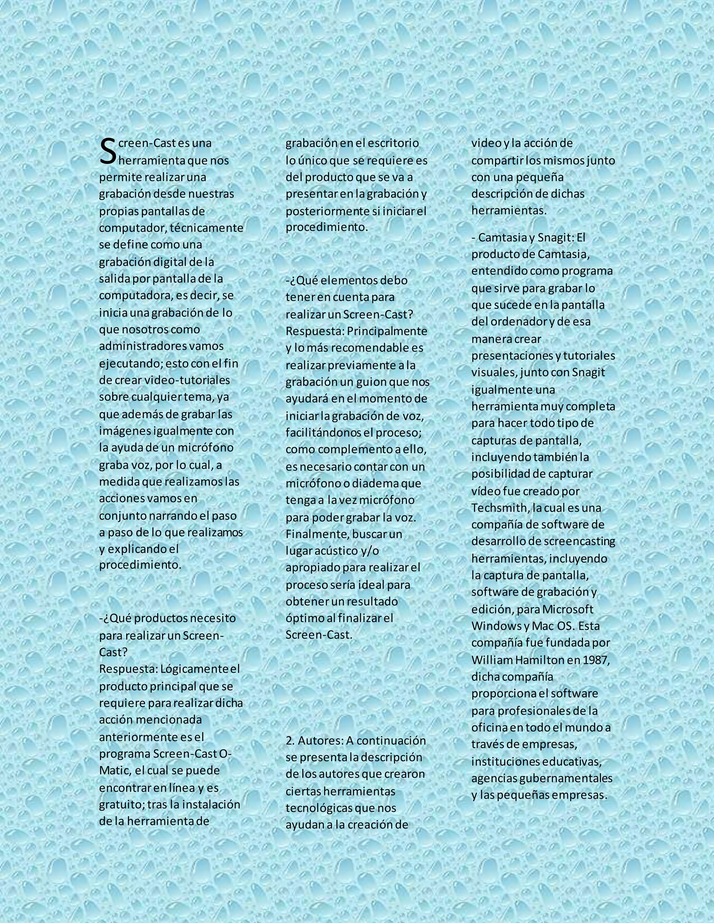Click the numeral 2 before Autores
[289, 740]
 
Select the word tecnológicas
[319, 808]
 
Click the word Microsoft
[568, 609]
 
